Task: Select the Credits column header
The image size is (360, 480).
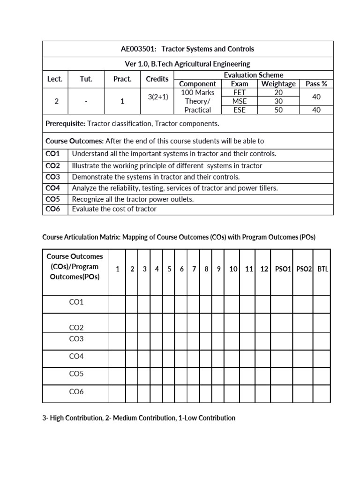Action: [157, 79]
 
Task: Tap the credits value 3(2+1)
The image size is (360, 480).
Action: [157, 97]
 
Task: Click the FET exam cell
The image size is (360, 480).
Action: [240, 92]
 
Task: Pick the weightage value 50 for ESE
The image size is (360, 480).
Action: [278, 110]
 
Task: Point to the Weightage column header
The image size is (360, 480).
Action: [278, 84]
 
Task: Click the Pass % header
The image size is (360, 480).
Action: [316, 84]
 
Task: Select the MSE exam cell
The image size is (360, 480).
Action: [240, 101]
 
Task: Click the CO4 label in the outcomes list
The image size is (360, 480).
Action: [53, 188]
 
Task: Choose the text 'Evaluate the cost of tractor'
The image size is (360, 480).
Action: [114, 209]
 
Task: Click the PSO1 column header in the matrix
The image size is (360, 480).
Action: [283, 269]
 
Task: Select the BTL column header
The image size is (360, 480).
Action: [323, 269]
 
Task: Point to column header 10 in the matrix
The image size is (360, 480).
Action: [233, 269]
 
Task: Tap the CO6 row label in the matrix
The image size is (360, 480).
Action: [76, 391]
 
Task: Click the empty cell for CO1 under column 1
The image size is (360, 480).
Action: [118, 302]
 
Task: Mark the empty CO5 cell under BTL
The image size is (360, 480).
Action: [323, 374]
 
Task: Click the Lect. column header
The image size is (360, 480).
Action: [55, 79]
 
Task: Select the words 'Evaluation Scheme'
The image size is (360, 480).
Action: [253, 75]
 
